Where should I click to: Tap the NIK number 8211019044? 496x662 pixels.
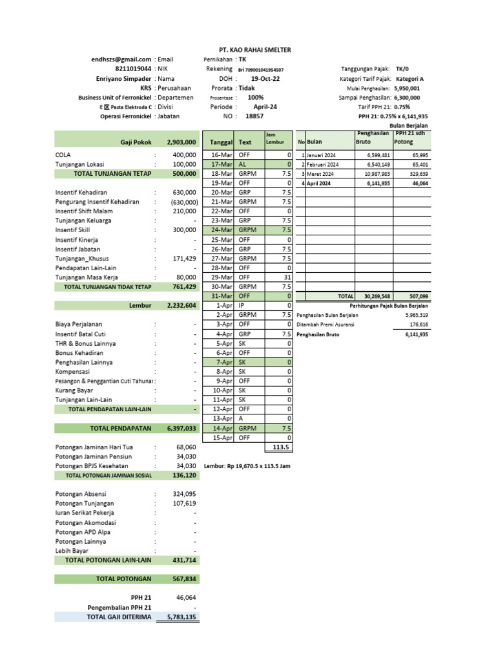pyautogui.click(x=134, y=69)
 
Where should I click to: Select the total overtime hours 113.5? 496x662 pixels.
pyautogui.click(x=280, y=447)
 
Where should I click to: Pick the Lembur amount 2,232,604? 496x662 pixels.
pyautogui.click(x=181, y=305)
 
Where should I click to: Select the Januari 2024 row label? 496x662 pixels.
pyautogui.click(x=320, y=156)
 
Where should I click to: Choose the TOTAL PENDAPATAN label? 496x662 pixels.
pyautogui.click(x=121, y=428)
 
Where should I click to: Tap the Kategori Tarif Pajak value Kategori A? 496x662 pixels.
pyautogui.click(x=409, y=78)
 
